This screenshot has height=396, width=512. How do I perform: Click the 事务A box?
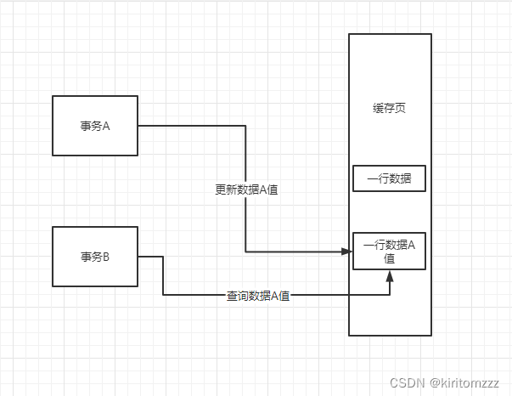(x=95, y=126)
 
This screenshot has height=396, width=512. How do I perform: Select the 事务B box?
(x=95, y=257)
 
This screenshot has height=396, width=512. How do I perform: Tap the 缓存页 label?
(x=389, y=108)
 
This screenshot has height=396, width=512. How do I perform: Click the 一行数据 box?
(x=389, y=179)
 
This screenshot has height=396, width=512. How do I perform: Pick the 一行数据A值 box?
(x=389, y=251)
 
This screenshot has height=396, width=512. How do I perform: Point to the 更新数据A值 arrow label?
(x=246, y=190)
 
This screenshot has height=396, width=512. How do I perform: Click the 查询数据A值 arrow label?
(x=258, y=296)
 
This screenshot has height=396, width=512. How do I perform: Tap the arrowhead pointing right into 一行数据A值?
(x=346, y=252)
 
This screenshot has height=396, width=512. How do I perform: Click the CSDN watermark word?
(x=407, y=383)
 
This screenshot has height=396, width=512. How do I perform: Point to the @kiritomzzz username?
(x=465, y=383)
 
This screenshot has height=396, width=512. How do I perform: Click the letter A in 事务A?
(x=108, y=126)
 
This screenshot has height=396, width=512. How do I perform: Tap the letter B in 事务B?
(x=107, y=257)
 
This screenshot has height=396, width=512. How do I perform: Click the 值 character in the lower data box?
(x=389, y=258)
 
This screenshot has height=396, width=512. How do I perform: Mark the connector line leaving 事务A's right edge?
(x=191, y=126)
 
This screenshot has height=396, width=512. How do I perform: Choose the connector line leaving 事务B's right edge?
(x=150, y=257)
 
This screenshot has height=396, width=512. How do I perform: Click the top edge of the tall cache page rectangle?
(x=390, y=34)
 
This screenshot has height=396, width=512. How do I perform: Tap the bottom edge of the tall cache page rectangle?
(x=390, y=336)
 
